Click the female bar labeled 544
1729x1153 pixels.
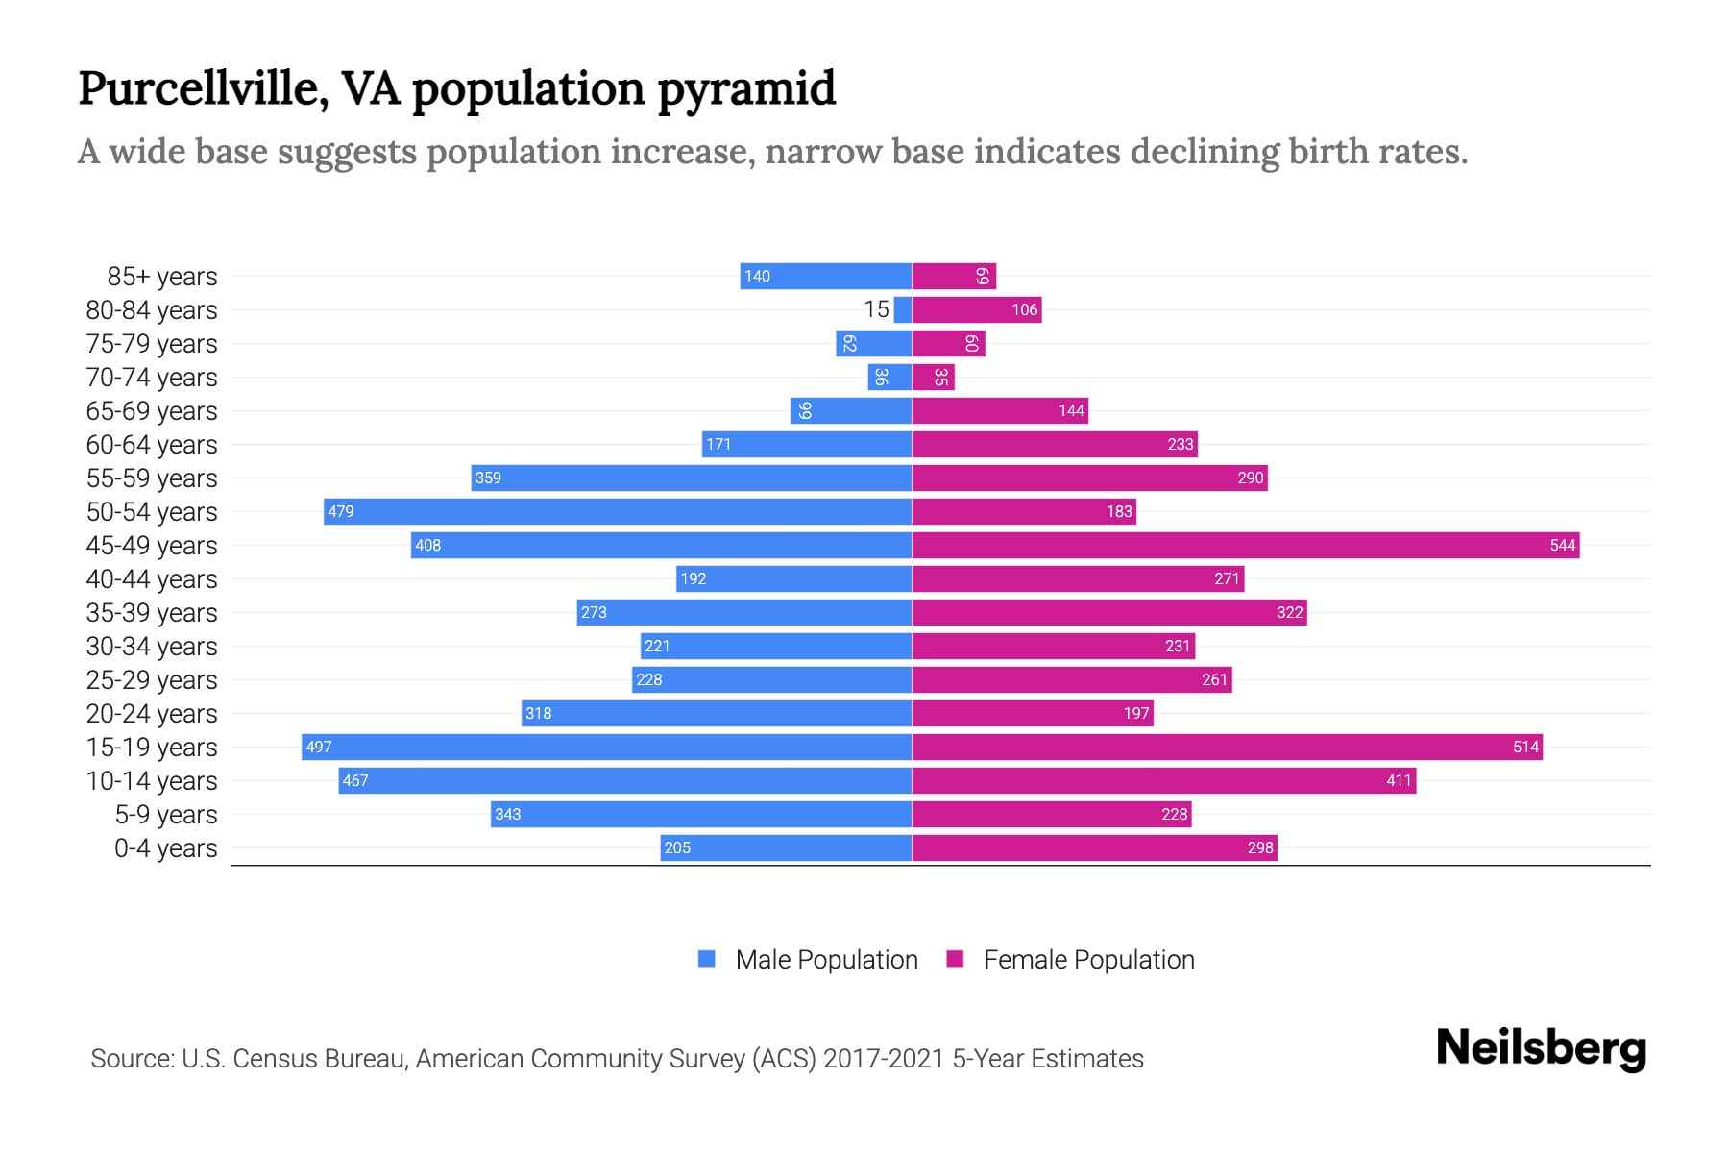pyautogui.click(x=1245, y=545)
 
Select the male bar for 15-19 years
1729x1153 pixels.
pyautogui.click(x=606, y=747)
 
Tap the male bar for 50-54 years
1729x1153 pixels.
pyautogui.click(x=618, y=511)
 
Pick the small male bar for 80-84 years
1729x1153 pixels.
pyautogui.click(x=902, y=309)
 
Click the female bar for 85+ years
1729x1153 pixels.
pyautogui.click(x=953, y=276)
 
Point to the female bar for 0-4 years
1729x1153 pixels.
pyautogui.click(x=1094, y=847)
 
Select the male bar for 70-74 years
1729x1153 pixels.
pyautogui.click(x=889, y=377)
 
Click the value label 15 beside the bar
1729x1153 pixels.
pyautogui.click(x=876, y=309)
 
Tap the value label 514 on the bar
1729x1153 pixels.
pyautogui.click(x=1525, y=747)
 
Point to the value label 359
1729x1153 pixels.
pyautogui.click(x=488, y=478)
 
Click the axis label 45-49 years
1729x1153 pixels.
pyautogui.click(x=152, y=545)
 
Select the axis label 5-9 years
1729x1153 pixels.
pyautogui.click(x=166, y=814)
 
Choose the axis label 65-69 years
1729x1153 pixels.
pyautogui.click(x=152, y=410)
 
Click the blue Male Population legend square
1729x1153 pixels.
pyautogui.click(x=707, y=959)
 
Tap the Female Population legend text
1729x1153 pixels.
pyautogui.click(x=1088, y=959)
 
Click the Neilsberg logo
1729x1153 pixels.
pyautogui.click(x=1541, y=1048)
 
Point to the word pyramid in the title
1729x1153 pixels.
pyautogui.click(x=746, y=88)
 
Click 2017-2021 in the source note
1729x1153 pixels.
pyautogui.click(x=884, y=1059)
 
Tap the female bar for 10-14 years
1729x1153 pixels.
pyautogui.click(x=1163, y=780)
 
